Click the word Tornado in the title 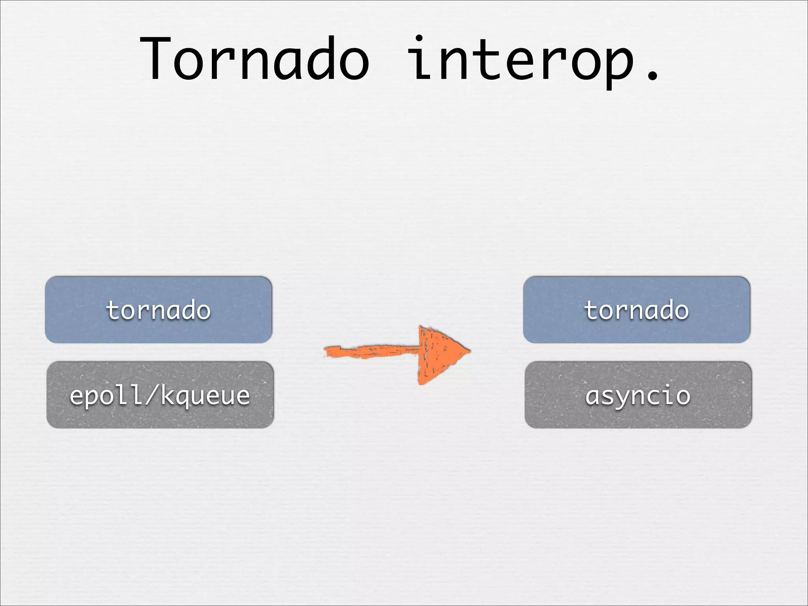click(x=254, y=59)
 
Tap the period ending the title click(x=653, y=75)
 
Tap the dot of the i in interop click(x=419, y=39)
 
